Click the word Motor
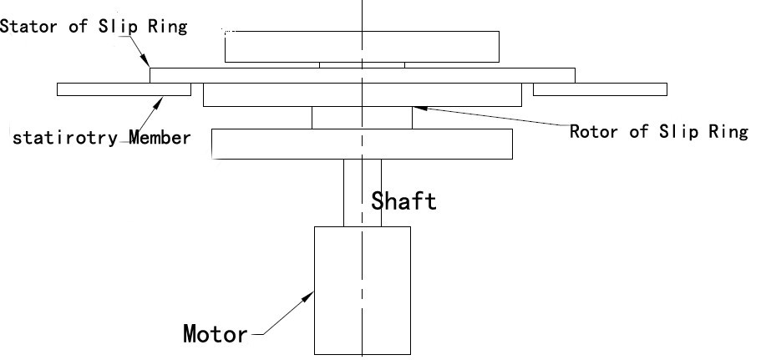(216, 335)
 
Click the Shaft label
(403, 201)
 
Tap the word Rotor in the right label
(594, 132)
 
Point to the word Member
(160, 137)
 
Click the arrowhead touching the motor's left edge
(310, 295)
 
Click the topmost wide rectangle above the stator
(362, 46)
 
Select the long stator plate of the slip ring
(362, 75)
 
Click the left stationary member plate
(124, 89)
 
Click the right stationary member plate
(600, 89)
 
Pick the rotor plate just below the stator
(362, 94)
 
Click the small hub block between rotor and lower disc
(362, 118)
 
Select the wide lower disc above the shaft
(362, 143)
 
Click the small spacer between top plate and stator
(362, 65)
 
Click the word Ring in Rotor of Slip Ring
(729, 132)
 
